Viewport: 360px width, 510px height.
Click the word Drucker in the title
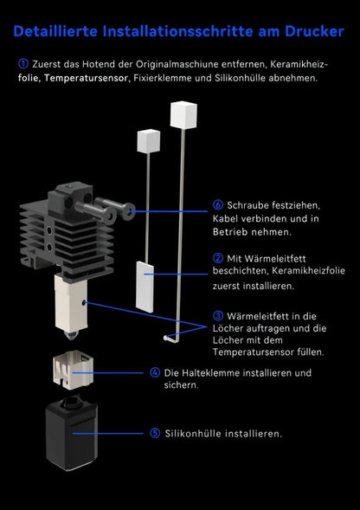[314, 31]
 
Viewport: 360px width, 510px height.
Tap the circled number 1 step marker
[23, 64]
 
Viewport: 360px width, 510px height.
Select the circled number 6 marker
[218, 205]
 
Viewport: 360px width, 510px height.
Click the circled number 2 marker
[218, 258]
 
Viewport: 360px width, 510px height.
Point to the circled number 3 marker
[218, 315]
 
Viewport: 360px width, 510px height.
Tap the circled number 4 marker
[155, 372]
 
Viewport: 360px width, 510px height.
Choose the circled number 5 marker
[155, 433]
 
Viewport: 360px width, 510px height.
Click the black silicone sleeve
[72, 434]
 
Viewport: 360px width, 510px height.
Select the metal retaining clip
[74, 369]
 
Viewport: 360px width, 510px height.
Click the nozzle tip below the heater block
[72, 335]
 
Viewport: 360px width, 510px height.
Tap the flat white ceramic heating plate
[145, 287]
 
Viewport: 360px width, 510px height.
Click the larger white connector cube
[183, 114]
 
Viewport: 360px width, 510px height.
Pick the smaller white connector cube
[149, 141]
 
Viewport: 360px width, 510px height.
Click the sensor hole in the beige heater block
[84, 303]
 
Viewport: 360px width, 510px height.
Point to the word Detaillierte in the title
[55, 31]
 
